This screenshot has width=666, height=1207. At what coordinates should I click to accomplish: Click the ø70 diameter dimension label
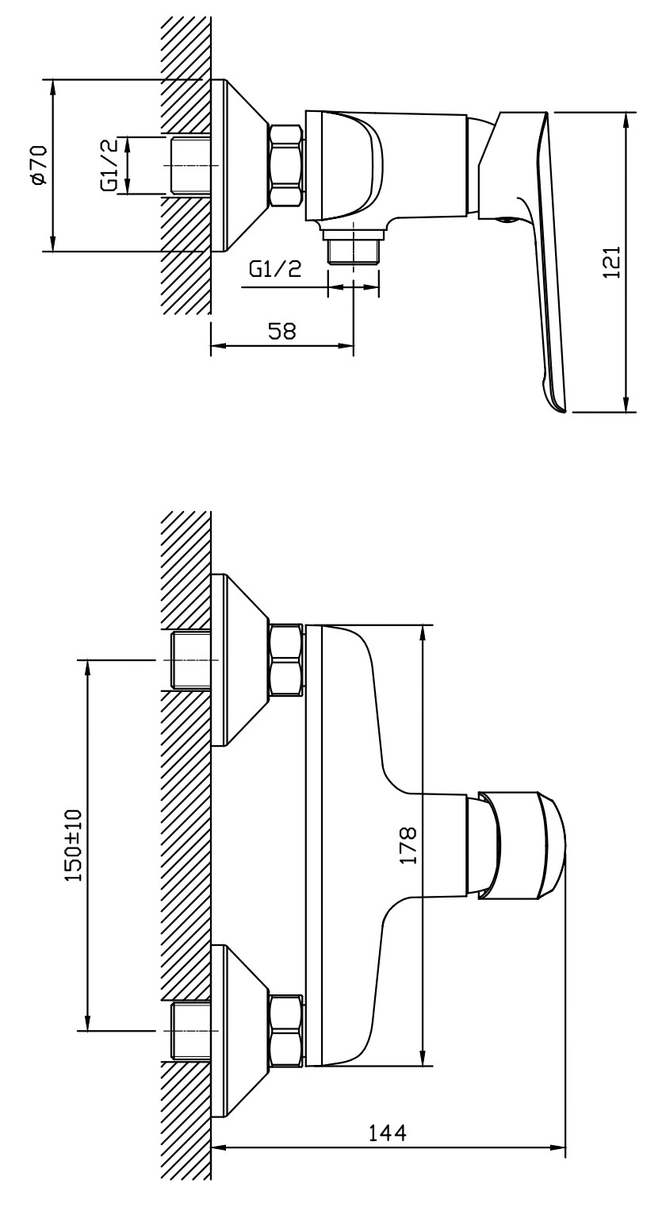coord(37,166)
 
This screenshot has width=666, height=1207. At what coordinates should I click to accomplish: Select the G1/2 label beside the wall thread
coord(112,165)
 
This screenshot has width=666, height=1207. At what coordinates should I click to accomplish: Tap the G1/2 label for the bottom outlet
coord(275,269)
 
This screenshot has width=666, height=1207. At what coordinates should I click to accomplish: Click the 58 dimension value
coord(282,331)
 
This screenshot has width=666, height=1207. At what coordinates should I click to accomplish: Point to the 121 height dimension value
coord(611,261)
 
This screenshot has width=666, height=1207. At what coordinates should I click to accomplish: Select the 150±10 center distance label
coord(73,846)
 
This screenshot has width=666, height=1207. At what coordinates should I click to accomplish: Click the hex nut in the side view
coord(286,166)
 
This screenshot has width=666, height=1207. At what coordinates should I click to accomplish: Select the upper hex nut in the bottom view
coord(286,661)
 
